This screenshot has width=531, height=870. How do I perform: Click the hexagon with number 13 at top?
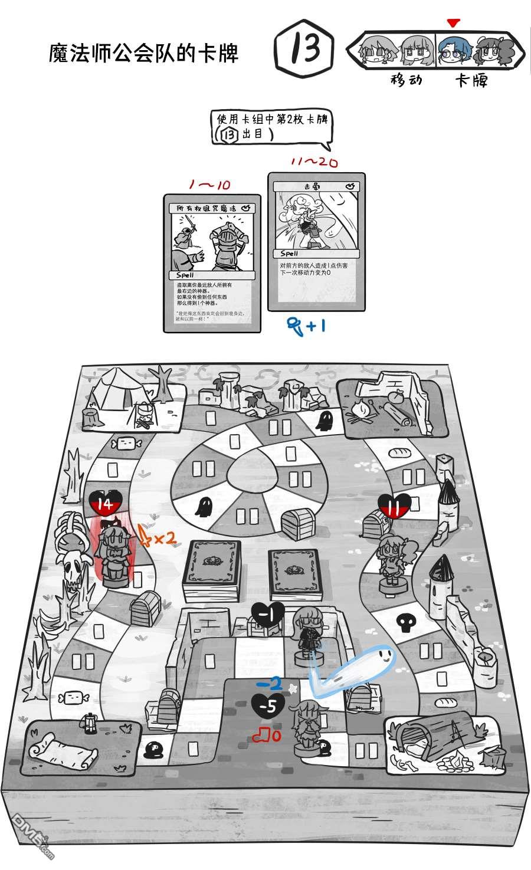[304, 51]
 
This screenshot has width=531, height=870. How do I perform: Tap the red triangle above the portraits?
[453, 23]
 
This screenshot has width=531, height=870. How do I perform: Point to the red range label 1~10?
[209, 185]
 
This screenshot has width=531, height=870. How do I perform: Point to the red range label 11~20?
[314, 162]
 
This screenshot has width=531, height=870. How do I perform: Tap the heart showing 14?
[105, 504]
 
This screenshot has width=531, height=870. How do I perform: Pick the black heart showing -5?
[268, 706]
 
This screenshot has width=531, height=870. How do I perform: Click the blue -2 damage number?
[272, 683]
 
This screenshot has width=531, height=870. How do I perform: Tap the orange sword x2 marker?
[156, 536]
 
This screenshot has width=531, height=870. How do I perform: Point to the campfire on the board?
[360, 411]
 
